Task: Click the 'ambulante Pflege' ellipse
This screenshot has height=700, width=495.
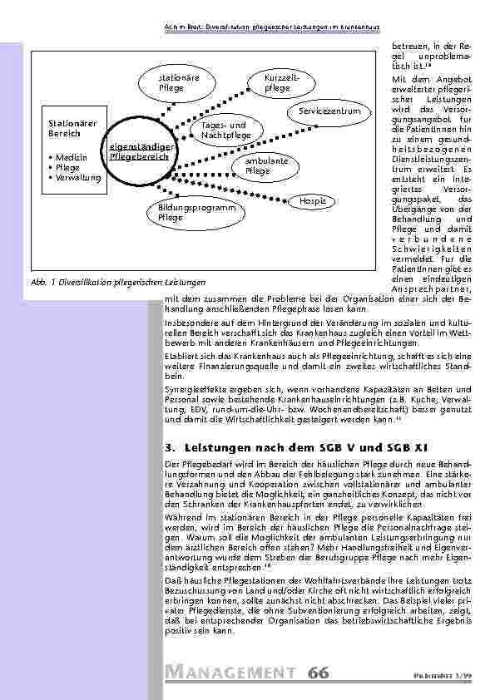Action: point(266,165)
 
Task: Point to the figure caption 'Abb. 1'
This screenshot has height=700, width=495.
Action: point(42,283)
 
